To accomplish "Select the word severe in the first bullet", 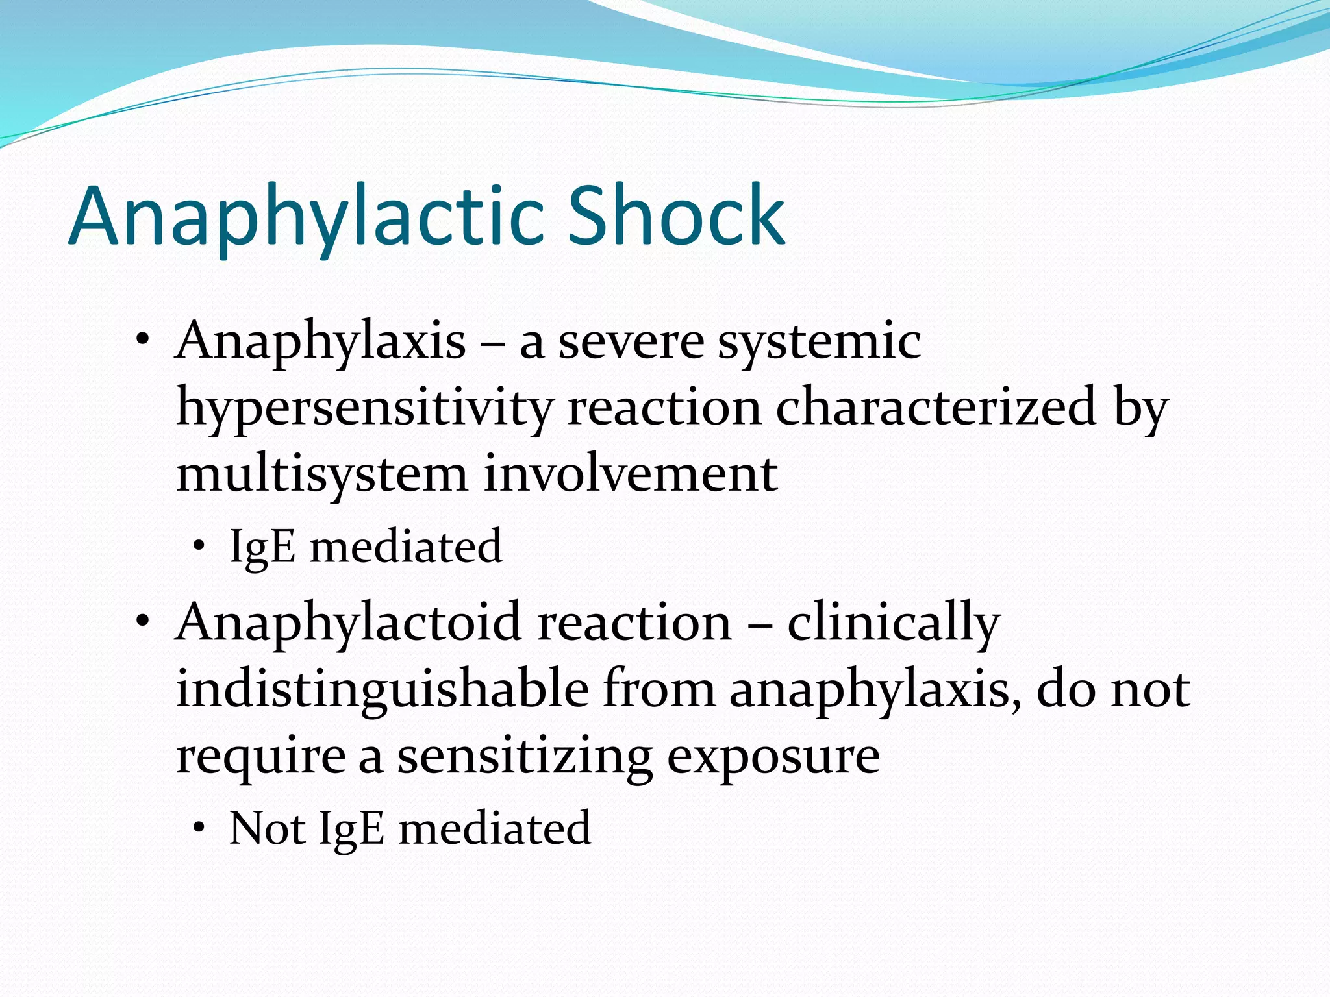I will click(631, 342).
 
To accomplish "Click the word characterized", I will click(936, 408).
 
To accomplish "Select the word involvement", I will click(630, 474).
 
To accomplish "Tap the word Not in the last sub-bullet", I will click(267, 829).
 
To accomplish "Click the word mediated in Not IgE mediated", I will click(494, 829).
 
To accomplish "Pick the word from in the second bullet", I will click(659, 689).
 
